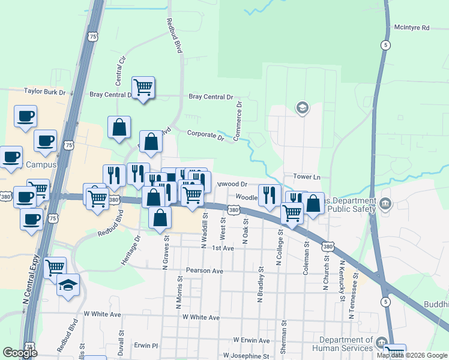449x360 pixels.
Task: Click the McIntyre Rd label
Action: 412,28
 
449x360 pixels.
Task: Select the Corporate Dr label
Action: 205,135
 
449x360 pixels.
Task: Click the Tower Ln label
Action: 307,177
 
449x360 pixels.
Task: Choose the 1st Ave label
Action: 222,248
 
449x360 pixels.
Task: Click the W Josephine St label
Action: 247,356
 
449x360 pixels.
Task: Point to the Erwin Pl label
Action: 145,346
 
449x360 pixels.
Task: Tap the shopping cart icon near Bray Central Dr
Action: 143,88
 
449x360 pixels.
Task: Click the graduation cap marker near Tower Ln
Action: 303,108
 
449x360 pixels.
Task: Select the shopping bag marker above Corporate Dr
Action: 119,127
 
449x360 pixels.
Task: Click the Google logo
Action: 20,353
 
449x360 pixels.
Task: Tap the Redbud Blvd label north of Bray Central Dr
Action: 174,36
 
